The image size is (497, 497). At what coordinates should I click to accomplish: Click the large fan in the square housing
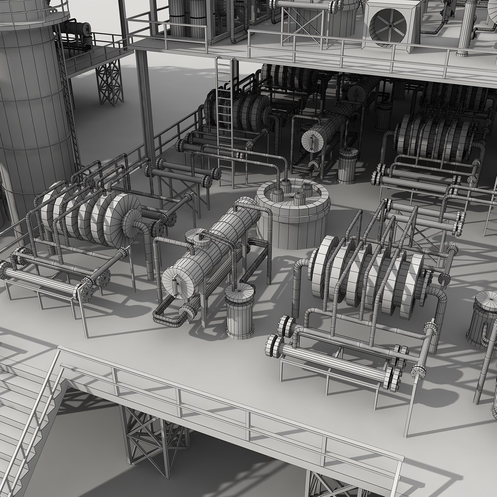391,23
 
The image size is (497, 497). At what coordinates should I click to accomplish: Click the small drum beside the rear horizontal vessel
348,166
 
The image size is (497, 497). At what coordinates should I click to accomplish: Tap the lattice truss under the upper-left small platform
110,83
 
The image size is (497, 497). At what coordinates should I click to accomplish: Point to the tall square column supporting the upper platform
145,106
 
